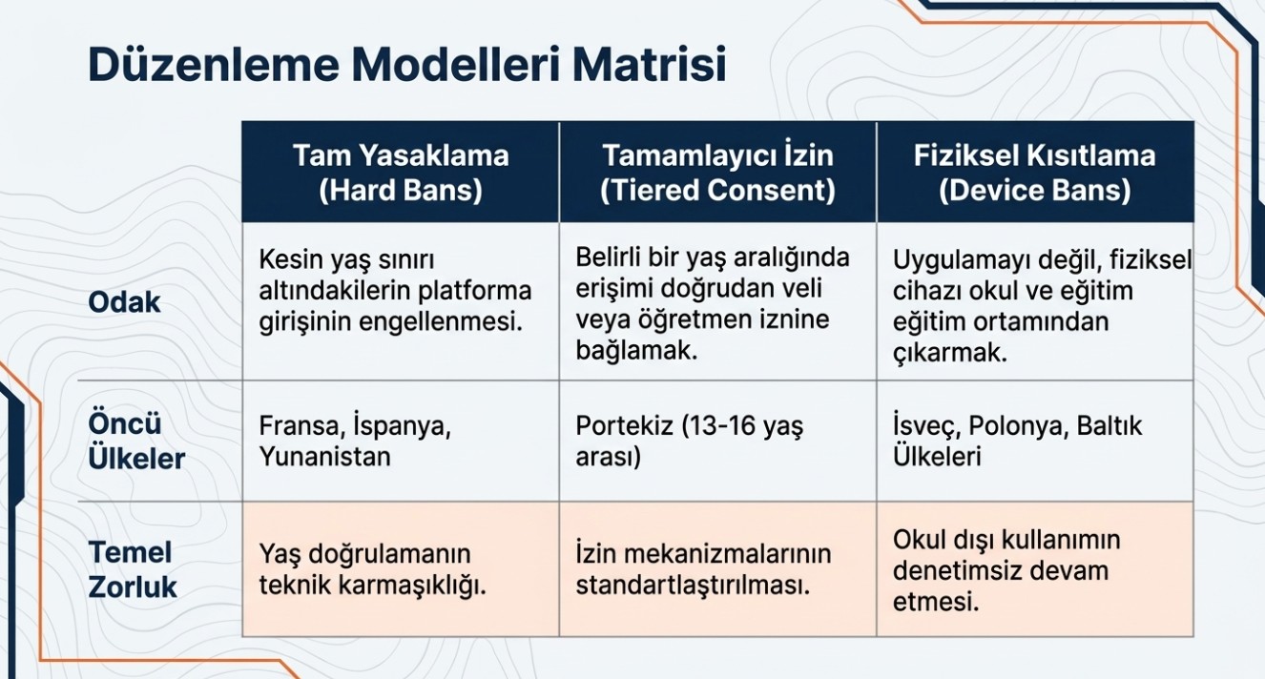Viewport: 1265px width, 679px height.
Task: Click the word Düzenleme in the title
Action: click(214, 65)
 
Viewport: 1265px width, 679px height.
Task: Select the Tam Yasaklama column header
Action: click(401, 172)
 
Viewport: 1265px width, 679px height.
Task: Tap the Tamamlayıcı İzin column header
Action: click(717, 172)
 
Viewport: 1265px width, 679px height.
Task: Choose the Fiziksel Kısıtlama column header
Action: click(1035, 172)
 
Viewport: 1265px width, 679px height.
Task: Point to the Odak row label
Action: click(124, 302)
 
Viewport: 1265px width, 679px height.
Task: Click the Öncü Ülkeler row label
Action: click(136, 441)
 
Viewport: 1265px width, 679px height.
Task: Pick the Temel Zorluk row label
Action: click(133, 569)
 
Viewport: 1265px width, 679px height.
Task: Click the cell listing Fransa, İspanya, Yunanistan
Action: click(401, 441)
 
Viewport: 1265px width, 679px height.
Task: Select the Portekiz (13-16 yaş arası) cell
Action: click(717, 441)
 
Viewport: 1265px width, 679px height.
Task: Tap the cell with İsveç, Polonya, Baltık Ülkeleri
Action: click(1035, 441)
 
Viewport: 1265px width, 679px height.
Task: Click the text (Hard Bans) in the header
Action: click(401, 190)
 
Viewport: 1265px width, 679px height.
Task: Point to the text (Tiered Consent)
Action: click(717, 190)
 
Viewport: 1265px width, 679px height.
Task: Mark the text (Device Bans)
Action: click(1035, 190)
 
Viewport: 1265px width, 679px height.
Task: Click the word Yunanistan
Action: click(324, 457)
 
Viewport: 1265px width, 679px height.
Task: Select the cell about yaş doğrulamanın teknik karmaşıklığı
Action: click(401, 569)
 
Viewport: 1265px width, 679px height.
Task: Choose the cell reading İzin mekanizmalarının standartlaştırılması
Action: click(717, 569)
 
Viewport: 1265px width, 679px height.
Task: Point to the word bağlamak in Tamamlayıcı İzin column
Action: click(637, 351)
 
